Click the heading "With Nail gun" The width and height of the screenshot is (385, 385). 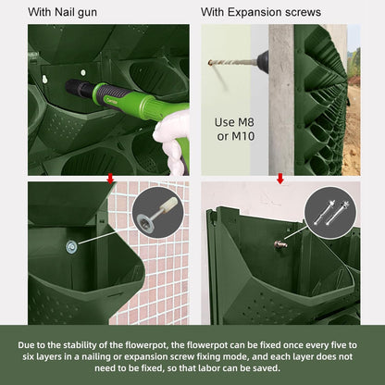(x=62, y=12)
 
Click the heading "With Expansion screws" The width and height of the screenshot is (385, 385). (x=261, y=12)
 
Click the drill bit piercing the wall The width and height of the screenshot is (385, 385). (x=233, y=62)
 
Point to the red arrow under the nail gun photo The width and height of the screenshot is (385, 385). (x=110, y=179)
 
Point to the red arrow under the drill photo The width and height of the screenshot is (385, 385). (x=280, y=179)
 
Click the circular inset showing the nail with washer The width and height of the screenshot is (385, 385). (x=158, y=213)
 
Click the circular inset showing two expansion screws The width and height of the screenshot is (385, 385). (x=330, y=213)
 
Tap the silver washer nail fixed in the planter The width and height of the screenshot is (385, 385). (x=71, y=246)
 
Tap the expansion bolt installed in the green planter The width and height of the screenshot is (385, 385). (x=280, y=244)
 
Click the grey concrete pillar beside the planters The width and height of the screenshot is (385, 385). (x=281, y=100)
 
